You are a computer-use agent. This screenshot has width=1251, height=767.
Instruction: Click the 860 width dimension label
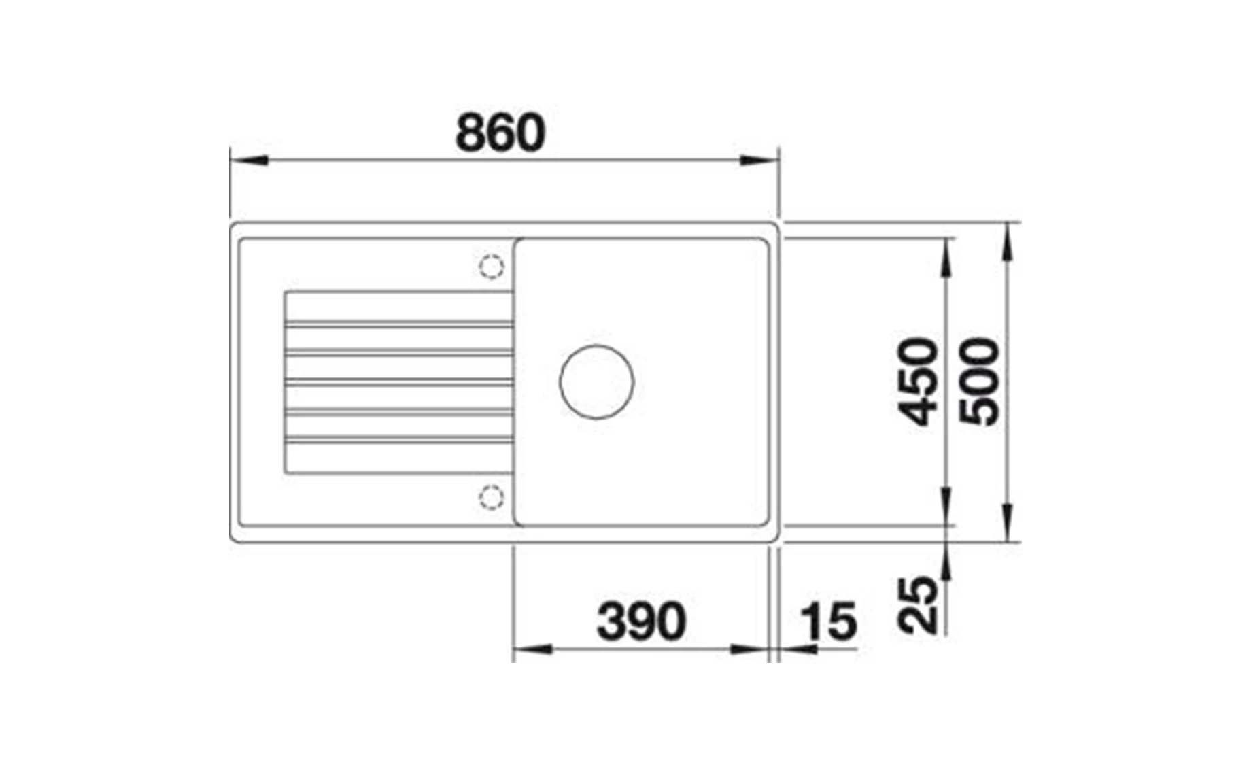point(500,133)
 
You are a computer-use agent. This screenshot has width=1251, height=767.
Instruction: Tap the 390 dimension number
point(641,621)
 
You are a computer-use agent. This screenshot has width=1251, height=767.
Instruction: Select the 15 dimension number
point(828,621)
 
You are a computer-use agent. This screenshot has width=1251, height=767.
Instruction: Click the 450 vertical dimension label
point(917,382)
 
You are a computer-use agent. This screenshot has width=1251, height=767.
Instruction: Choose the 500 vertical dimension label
point(980,382)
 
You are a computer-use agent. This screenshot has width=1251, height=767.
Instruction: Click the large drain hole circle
point(596,382)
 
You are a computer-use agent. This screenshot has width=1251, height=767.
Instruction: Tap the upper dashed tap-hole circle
point(491,266)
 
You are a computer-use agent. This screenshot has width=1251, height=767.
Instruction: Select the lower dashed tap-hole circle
point(491,496)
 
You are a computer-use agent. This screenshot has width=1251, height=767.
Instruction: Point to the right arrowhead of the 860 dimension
point(759,161)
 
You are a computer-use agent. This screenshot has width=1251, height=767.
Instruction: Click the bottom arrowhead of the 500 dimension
point(1008,522)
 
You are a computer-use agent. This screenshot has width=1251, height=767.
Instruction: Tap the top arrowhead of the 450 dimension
point(946,258)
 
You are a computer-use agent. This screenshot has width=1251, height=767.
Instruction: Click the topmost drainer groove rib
point(399,324)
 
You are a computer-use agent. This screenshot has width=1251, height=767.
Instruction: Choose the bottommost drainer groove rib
point(399,441)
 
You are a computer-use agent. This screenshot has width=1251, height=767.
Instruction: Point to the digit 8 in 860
point(470,133)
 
